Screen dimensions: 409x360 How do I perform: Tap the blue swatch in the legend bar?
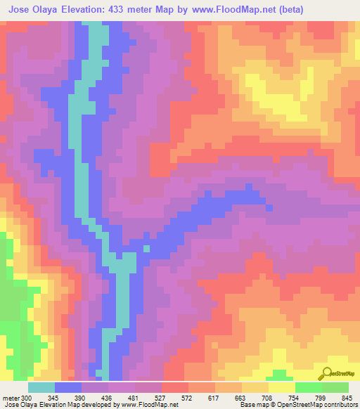pyautogui.click(x=67, y=387)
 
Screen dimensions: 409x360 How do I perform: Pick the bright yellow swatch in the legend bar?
pyautogui.click(x=281, y=387)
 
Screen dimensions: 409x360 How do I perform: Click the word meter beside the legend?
pyautogui.click(x=10, y=397)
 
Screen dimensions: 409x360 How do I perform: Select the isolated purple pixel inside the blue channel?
pyautogui.click(x=146, y=247)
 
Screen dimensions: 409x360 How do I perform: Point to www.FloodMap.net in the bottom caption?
pyautogui.click(x=149, y=405)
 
